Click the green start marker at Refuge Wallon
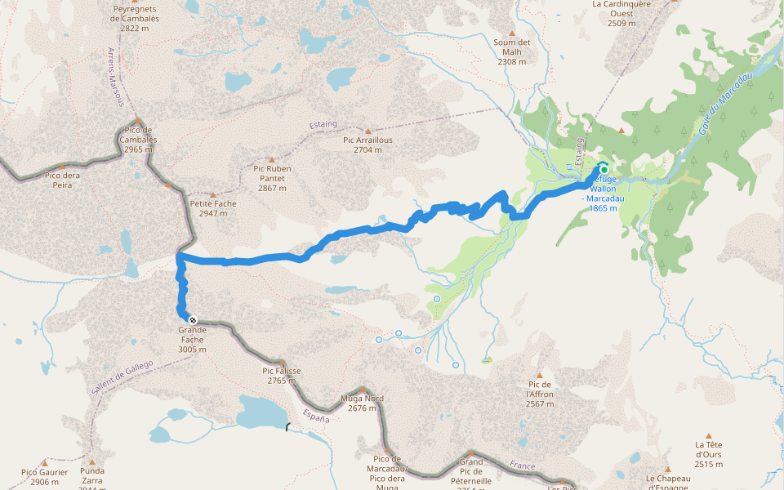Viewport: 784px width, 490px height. pos(604,170)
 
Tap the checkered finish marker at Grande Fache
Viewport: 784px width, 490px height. pos(191,319)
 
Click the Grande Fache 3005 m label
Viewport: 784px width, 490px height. pos(192,339)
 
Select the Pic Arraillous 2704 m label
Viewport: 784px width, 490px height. pos(367,145)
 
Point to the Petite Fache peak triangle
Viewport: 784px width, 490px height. pos(213,195)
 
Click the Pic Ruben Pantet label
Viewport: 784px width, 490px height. pos(272,178)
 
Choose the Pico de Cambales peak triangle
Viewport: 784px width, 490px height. pos(139,120)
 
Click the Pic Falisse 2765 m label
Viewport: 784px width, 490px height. pos(282,375)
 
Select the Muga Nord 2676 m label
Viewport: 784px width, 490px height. pos(362,403)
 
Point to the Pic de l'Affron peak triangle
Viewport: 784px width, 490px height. pos(540,376)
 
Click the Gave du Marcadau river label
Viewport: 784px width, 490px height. pos(726,99)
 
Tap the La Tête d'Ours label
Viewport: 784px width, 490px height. pos(708,454)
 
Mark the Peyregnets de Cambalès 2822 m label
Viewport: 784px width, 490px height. pos(134,18)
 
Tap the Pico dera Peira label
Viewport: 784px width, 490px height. pos(62,180)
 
